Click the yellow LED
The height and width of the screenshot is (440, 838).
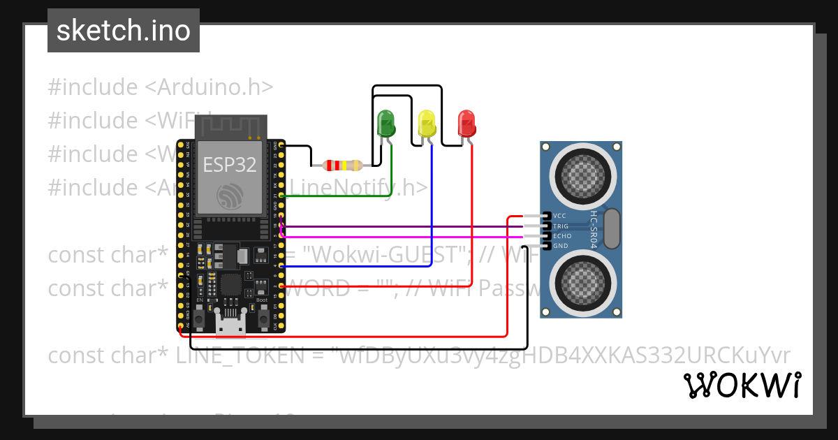click(426, 124)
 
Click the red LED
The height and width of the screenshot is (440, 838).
click(466, 124)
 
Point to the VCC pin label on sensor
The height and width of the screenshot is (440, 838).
click(559, 216)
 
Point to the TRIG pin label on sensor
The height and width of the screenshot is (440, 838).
click(561, 226)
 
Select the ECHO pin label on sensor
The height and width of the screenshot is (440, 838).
click(561, 236)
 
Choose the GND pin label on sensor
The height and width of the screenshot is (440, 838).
click(560, 246)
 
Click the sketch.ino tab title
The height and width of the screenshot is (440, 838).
click(124, 31)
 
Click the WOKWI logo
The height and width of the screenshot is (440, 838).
click(742, 385)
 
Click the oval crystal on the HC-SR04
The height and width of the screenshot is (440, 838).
click(611, 228)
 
